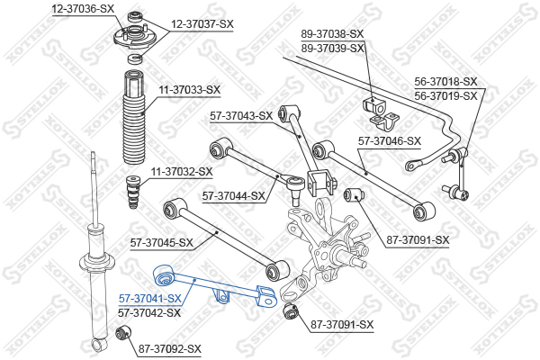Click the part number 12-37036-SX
point(83,9)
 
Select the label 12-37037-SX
point(202,24)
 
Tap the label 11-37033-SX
point(189,90)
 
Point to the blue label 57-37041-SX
point(149,298)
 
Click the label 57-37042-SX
point(149,313)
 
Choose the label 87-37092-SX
point(170,349)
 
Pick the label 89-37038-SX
point(332,34)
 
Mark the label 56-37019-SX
point(446,95)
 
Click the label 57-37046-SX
point(390,141)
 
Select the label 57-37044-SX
point(233,196)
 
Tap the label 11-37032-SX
point(182,172)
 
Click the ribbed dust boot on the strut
point(134,117)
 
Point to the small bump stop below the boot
point(133,192)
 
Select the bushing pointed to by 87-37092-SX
point(123,332)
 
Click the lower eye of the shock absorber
point(100,345)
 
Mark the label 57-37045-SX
point(161,243)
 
